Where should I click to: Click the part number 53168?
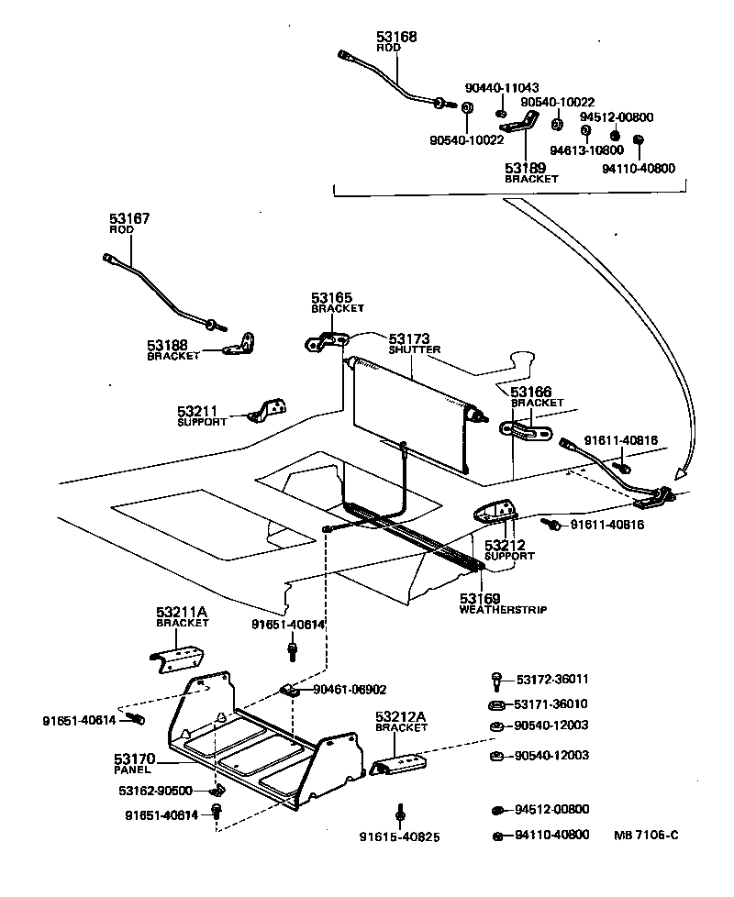coord(395,37)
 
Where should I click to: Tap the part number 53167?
coord(129,219)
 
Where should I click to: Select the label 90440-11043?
coord(502,87)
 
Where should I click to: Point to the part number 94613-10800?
coord(586,149)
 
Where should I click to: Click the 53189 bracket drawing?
coord(522,122)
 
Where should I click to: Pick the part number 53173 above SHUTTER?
coord(408,338)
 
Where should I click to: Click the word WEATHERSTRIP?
coord(495,610)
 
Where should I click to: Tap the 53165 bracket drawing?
coord(324,343)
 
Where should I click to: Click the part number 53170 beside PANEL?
coord(134,759)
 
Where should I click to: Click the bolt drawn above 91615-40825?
coord(400,814)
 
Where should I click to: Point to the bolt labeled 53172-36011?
coord(496,681)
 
